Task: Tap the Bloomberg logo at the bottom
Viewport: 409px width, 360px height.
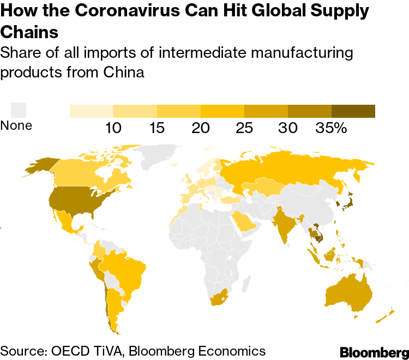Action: click(374, 352)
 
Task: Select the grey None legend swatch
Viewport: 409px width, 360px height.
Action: click(19, 110)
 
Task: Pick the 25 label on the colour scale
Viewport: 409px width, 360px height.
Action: click(244, 128)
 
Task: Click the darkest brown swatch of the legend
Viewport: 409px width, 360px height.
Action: click(353, 111)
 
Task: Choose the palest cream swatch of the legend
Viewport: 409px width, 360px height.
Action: click(91, 111)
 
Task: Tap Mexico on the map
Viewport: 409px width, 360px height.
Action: click(68, 221)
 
